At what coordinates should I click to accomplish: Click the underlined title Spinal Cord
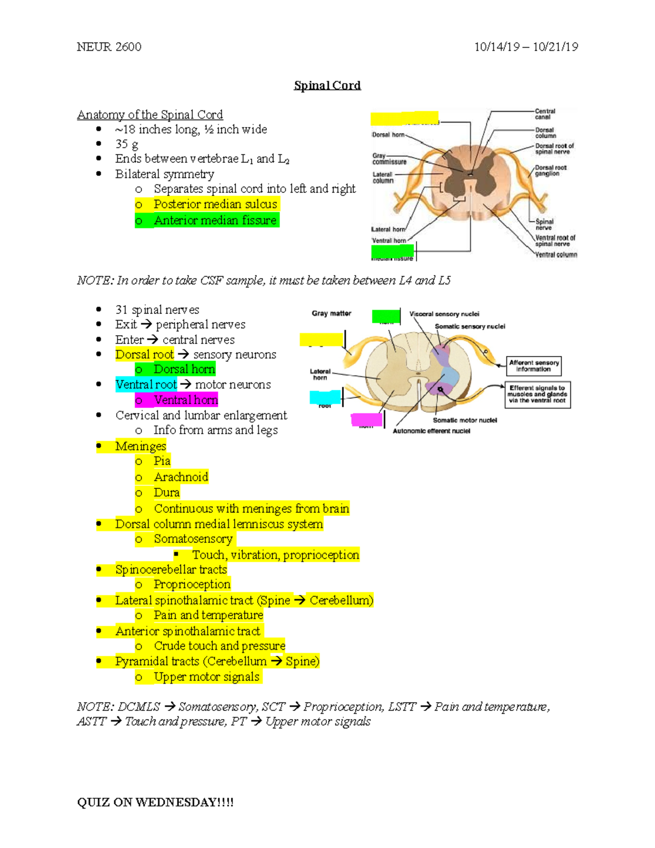coord(327,85)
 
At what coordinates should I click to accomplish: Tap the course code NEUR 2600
coord(109,47)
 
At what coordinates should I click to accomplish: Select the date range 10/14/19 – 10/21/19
coord(526,47)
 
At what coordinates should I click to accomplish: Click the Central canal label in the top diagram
coord(545,114)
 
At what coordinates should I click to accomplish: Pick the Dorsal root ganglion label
coord(550,170)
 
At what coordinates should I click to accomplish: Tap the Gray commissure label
coord(389,159)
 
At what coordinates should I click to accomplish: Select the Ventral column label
coord(556,254)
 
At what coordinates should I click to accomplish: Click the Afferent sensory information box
coord(534,366)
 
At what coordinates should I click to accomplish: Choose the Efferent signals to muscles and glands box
coord(537,394)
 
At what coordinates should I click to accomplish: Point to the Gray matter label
coord(331,313)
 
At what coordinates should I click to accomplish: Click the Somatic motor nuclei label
coord(465,420)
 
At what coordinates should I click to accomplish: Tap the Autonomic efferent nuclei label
coord(431,431)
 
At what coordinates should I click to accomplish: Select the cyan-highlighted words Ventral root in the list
coord(146,384)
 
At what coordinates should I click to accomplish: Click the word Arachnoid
coord(181,477)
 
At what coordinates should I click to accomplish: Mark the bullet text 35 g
coord(127,144)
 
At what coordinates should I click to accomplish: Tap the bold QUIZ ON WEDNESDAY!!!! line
coord(155,802)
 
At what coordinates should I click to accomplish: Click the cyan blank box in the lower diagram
coord(325,397)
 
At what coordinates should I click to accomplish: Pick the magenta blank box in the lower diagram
coord(367,419)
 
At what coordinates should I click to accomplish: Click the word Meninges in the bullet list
coord(140,446)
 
